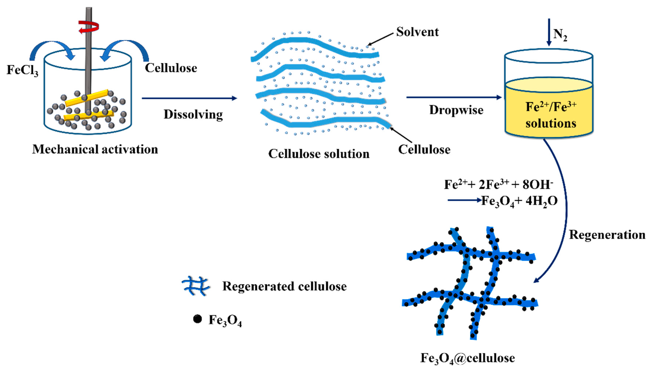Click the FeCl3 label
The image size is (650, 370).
[x=22, y=70]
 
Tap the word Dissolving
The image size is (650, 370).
[x=193, y=115]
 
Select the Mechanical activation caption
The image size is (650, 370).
[x=95, y=149]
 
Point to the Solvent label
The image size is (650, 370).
[x=417, y=32]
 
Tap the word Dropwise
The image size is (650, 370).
[x=456, y=110]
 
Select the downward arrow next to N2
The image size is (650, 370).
[x=549, y=32]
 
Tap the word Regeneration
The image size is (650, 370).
[x=607, y=235]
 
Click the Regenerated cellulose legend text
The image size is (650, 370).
[x=284, y=286]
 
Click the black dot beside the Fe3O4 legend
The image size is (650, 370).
[x=197, y=319]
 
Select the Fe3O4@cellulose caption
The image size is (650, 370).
[x=467, y=358]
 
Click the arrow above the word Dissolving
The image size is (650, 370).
[x=189, y=98]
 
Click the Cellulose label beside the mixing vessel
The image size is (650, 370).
[x=171, y=68]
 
